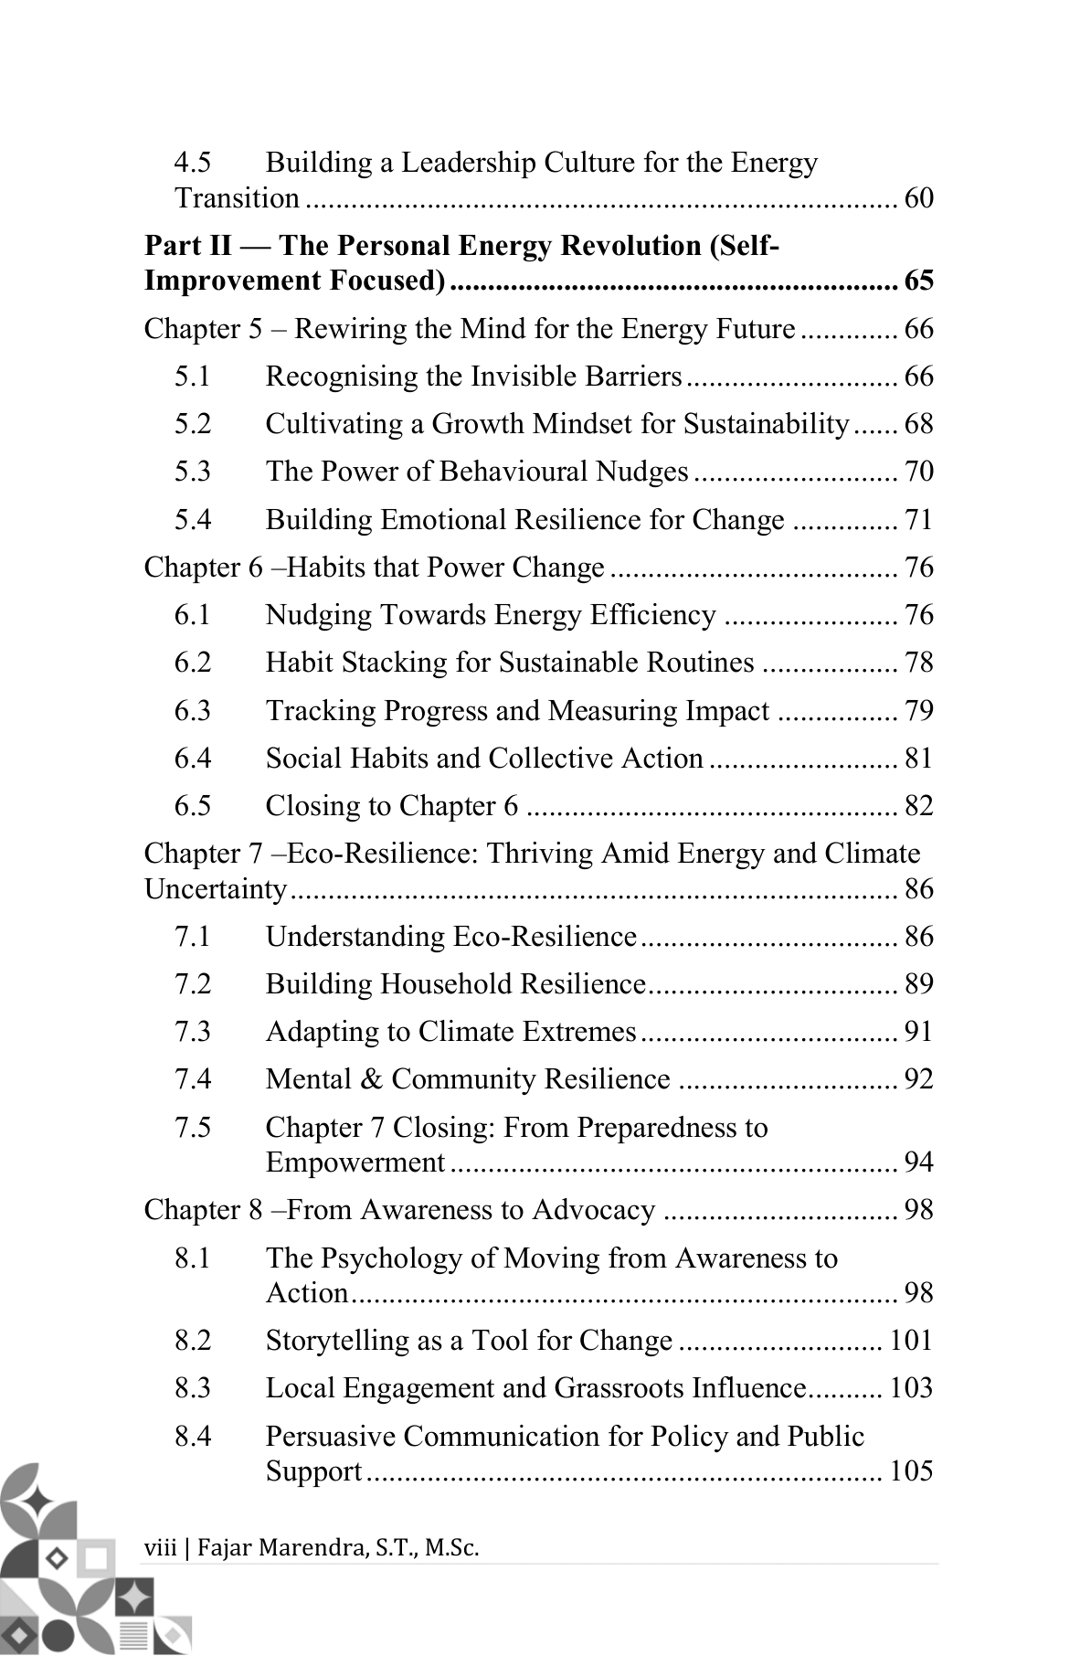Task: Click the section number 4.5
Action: pos(193,164)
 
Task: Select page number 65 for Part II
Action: pos(918,281)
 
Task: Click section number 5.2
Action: pos(193,424)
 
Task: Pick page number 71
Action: pos(918,520)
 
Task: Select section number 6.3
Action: pos(193,711)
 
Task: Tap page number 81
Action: pos(918,759)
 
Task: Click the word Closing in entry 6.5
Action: pos(310,806)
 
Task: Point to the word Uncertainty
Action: pos(216,889)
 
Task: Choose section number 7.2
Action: pos(193,984)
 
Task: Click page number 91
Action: pos(918,1032)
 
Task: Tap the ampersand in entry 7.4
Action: pos(372,1079)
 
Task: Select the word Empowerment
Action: pos(355,1162)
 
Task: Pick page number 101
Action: pos(911,1341)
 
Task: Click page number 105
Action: pos(911,1471)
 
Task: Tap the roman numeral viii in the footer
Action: pos(160,1548)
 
